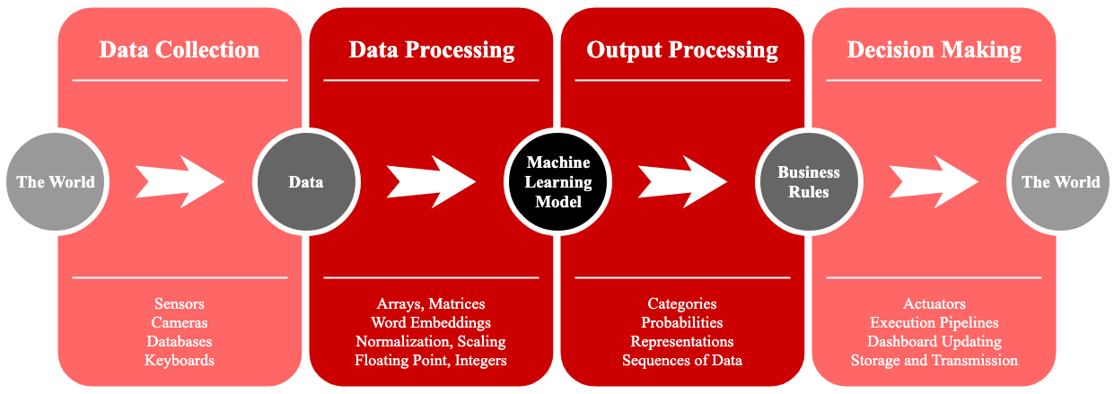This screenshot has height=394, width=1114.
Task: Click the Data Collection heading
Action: [180, 49]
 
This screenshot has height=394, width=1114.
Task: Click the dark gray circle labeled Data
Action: [306, 181]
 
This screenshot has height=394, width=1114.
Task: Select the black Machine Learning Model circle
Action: [558, 181]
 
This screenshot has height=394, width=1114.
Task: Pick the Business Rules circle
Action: [809, 181]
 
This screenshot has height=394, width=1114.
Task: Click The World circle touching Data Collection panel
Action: [57, 181]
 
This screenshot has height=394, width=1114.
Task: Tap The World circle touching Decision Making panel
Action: [1061, 181]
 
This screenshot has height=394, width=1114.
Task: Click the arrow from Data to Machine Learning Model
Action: [431, 181]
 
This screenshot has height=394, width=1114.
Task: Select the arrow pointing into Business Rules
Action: [682, 181]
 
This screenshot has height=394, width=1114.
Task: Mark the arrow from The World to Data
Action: [180, 181]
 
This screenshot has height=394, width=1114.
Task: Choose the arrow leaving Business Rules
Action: [934, 181]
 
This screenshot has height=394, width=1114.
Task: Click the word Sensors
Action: [180, 303]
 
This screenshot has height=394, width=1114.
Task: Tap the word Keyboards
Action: [180, 360]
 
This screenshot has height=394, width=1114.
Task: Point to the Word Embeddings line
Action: [431, 323]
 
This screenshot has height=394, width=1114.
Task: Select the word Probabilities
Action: [682, 322]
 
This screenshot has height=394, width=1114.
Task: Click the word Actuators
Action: [934, 303]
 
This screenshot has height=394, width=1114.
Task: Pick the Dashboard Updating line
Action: [934, 342]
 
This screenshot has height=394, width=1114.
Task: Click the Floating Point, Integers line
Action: [431, 361]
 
